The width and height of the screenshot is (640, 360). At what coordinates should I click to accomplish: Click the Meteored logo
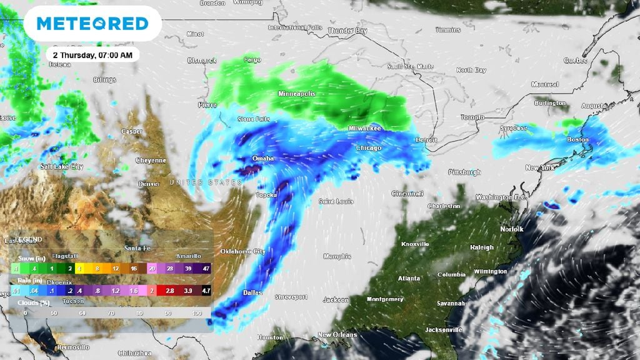pyautogui.click(x=92, y=24)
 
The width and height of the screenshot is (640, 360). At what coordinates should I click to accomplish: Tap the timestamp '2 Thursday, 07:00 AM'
pyautogui.click(x=92, y=55)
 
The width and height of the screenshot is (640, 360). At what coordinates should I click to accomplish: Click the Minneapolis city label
pyautogui.click(x=297, y=94)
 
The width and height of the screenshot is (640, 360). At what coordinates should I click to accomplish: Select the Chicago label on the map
pyautogui.click(x=368, y=148)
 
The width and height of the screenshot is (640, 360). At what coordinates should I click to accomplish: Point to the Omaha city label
pyautogui.click(x=262, y=159)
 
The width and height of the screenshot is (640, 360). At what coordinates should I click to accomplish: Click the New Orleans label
pyautogui.click(x=337, y=335)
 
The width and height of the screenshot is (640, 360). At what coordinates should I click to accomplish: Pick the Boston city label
pyautogui.click(x=577, y=140)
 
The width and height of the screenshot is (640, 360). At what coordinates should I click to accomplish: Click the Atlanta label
pyautogui.click(x=409, y=278)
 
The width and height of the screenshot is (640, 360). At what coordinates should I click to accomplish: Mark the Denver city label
pyautogui.click(x=149, y=184)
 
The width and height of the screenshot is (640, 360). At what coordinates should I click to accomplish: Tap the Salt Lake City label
pyautogui.click(x=61, y=167)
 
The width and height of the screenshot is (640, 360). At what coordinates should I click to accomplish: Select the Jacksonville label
pyautogui.click(x=442, y=329)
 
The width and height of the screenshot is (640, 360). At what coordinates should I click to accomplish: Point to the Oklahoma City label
pyautogui.click(x=242, y=251)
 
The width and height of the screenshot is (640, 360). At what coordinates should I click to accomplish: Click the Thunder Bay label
pyautogui.click(x=347, y=31)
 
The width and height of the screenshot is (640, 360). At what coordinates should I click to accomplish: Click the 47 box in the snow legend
pyautogui.click(x=206, y=269)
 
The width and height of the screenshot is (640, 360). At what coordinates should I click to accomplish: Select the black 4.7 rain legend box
pyautogui.click(x=206, y=291)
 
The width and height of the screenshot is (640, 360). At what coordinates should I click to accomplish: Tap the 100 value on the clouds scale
pyautogui.click(x=197, y=312)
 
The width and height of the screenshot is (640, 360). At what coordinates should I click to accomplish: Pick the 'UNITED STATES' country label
pyautogui.click(x=206, y=182)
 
